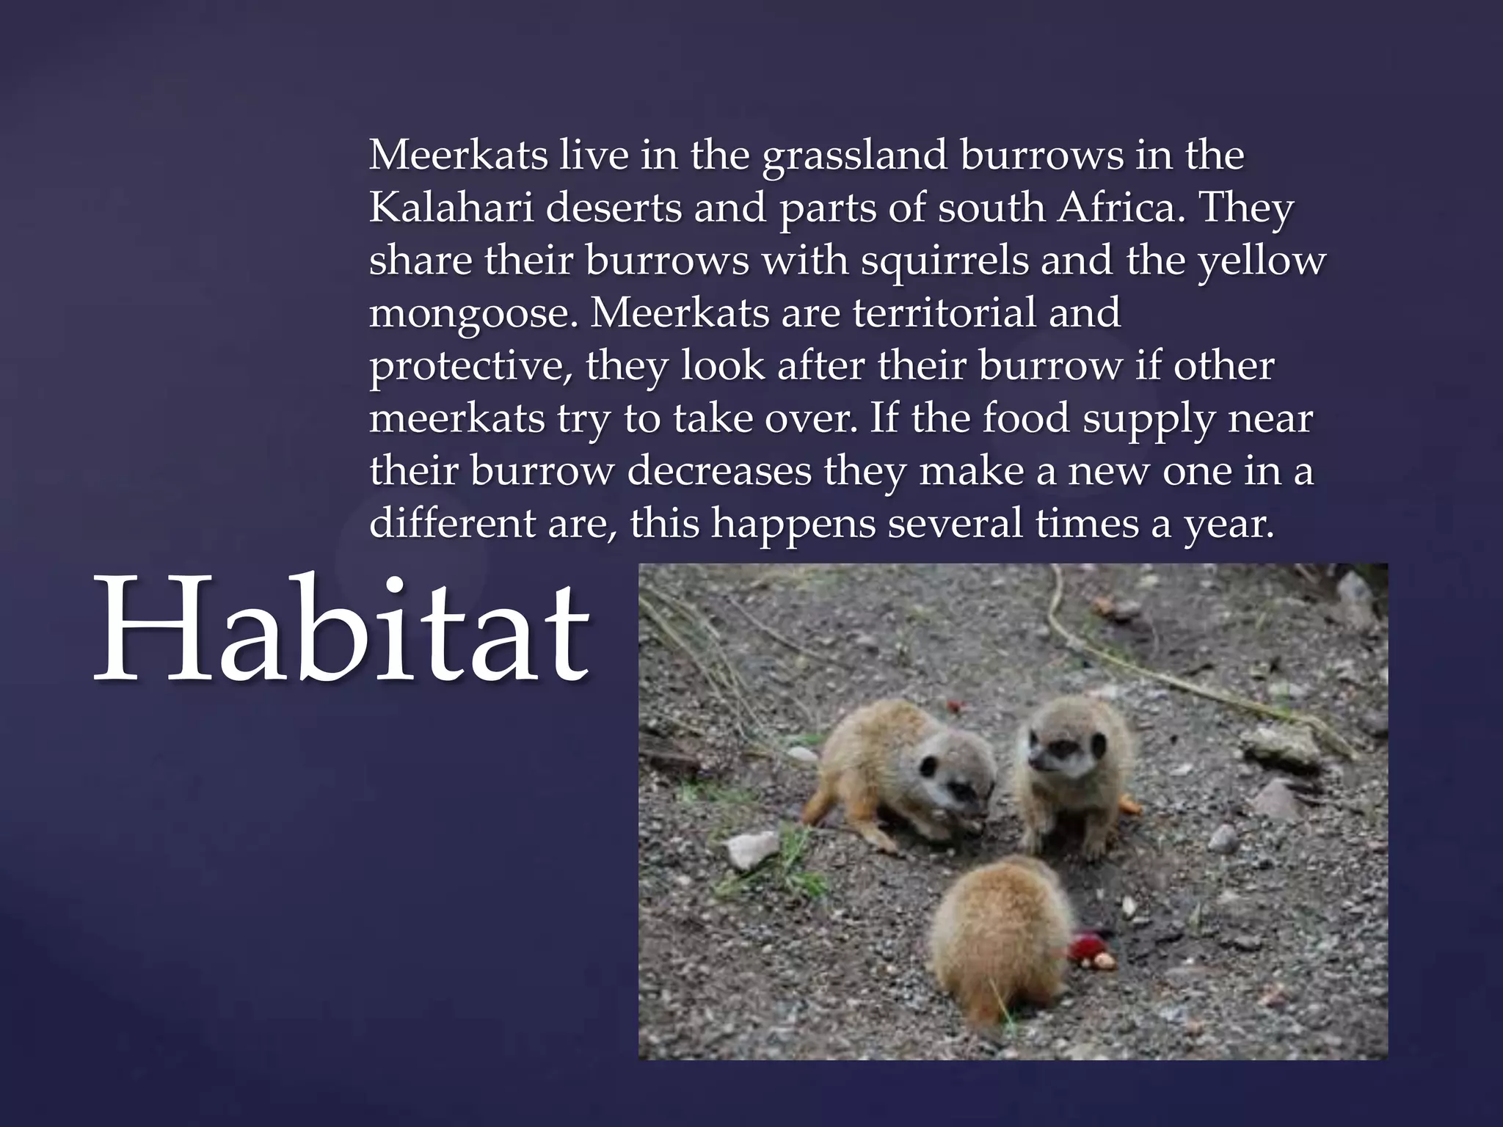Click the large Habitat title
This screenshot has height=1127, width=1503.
tap(341, 630)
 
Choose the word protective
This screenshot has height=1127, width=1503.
tap(470, 366)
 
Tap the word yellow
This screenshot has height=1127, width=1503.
tap(1262, 262)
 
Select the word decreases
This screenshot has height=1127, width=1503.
tap(718, 471)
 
